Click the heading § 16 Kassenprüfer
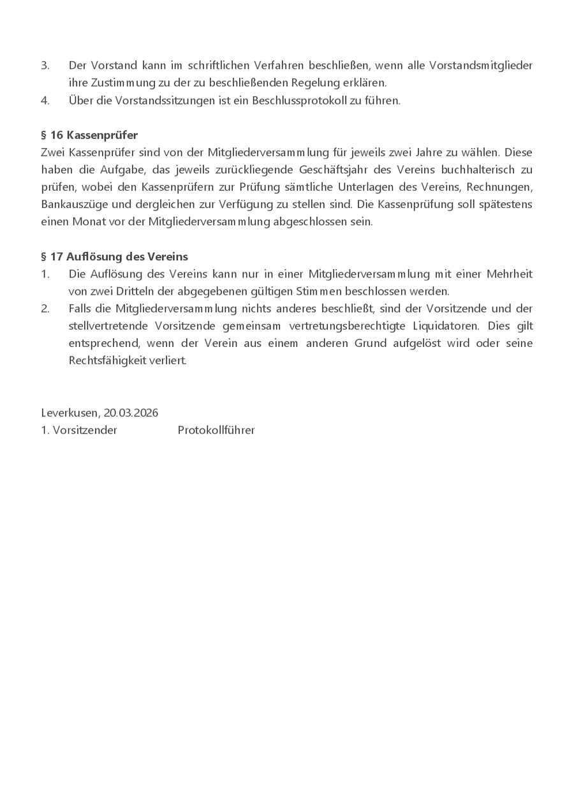click(x=89, y=135)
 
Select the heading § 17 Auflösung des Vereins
click(x=114, y=256)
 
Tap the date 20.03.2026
click(x=131, y=413)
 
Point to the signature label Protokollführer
click(x=216, y=430)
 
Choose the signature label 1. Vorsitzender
click(x=79, y=430)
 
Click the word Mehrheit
click(x=510, y=274)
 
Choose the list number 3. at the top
click(x=45, y=66)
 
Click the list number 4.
click(x=45, y=100)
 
